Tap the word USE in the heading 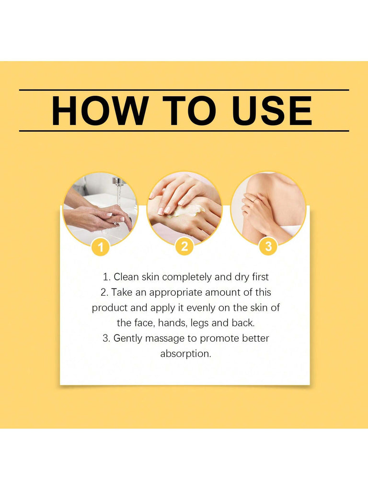[x=272, y=111]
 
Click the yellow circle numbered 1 [x=101, y=247]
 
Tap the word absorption [x=186, y=354]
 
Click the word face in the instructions [x=144, y=323]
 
